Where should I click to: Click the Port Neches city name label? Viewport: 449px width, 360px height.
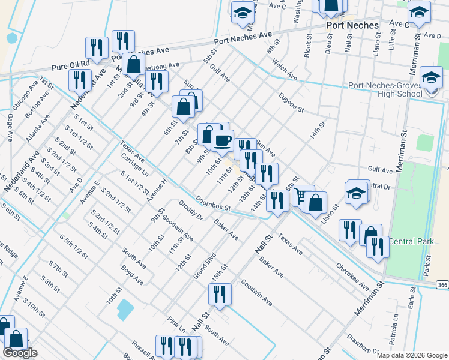352,25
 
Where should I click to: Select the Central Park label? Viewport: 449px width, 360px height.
411,241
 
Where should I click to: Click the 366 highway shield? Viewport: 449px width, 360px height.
442,285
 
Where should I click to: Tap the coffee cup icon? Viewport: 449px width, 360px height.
223,140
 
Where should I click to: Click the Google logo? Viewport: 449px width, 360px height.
20,353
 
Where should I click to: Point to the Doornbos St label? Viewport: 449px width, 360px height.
213,203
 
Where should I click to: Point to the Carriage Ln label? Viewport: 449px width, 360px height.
134,164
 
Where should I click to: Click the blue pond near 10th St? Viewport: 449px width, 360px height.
125,309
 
